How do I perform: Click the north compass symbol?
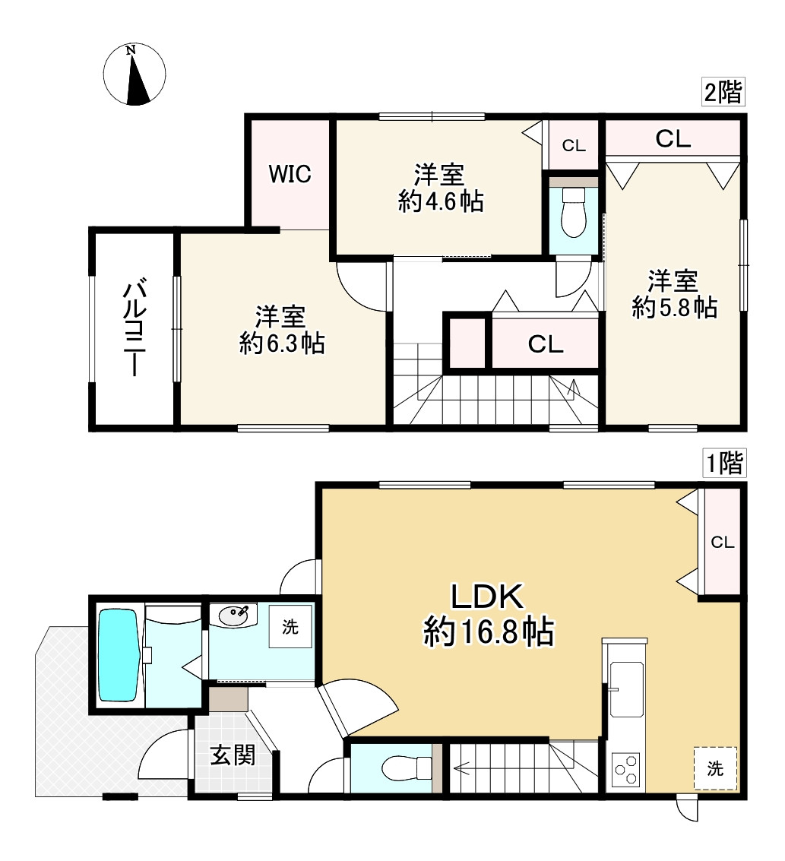point(135,74)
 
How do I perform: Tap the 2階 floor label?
point(723,92)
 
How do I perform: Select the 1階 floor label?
point(723,462)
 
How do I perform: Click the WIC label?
point(290,174)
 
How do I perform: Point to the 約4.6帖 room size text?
point(441,202)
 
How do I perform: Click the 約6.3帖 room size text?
point(282,343)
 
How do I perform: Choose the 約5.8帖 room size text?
point(675,308)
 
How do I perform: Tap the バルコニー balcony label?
point(135,329)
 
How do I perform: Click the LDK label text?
point(488,597)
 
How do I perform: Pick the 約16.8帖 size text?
point(489,632)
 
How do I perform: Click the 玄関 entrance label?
point(233,755)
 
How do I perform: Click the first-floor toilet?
point(407,768)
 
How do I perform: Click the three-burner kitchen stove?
point(626,769)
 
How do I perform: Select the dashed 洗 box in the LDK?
point(715,768)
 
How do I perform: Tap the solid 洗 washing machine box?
point(290,626)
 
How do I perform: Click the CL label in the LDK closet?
point(723,543)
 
